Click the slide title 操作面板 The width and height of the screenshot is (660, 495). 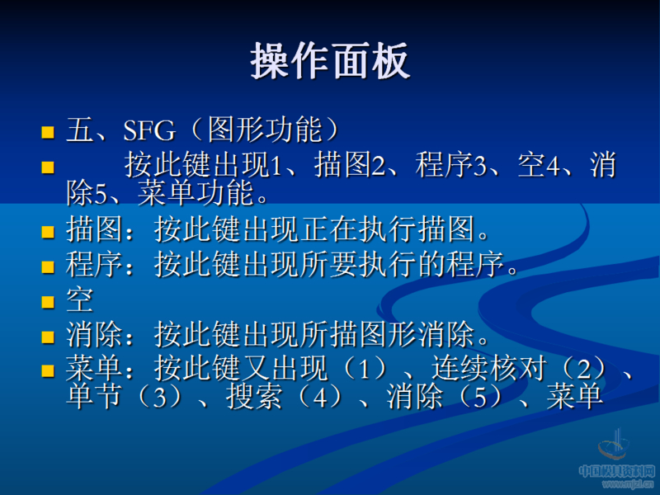click(330, 62)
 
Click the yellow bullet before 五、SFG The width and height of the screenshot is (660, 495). click(48, 131)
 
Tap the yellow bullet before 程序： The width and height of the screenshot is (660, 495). click(48, 266)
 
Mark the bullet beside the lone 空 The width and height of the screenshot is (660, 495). click(48, 302)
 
